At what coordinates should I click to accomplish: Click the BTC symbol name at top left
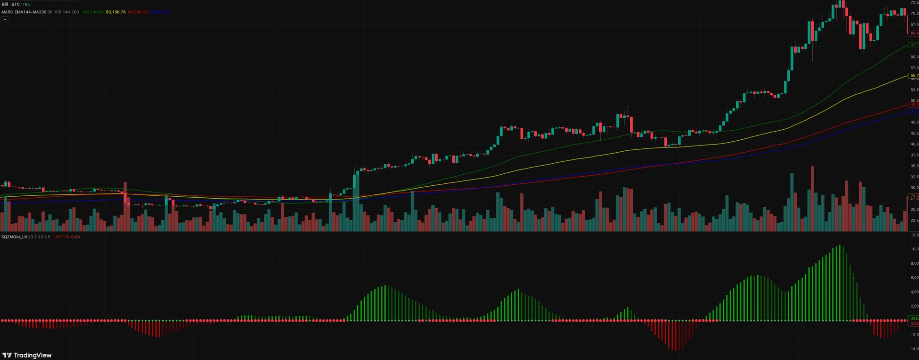16,4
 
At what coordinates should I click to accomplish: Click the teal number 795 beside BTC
26,4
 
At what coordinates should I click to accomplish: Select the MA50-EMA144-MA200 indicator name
24,12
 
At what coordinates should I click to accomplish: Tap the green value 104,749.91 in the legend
92,12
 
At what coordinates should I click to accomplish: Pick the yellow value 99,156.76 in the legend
116,12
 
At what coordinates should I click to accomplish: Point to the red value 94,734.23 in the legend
137,12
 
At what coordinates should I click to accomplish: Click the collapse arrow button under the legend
5,20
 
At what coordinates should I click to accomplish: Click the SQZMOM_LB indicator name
14,237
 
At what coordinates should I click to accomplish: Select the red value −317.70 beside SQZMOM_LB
61,237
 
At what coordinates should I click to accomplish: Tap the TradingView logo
27,355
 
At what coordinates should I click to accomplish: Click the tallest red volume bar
812,199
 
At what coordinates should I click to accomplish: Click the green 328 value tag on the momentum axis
914,318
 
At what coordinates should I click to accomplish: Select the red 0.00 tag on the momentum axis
914,324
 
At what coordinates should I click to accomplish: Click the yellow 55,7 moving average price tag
914,75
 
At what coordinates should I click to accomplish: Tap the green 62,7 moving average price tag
914,45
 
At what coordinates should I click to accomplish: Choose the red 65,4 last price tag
914,34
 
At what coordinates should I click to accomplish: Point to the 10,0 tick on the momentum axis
914,249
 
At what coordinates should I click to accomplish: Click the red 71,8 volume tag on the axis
914,196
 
